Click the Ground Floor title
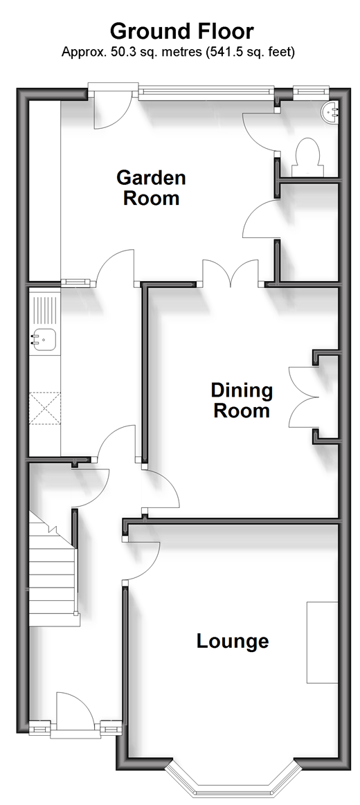tap(182, 31)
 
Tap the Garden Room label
tap(151, 188)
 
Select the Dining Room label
tap(242, 401)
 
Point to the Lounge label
tap(233, 641)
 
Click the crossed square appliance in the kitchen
tap(45, 408)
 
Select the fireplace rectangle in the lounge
tap(323, 642)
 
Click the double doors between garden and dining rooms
tap(231, 271)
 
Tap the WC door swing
tap(260, 130)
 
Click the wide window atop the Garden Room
tap(206, 92)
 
